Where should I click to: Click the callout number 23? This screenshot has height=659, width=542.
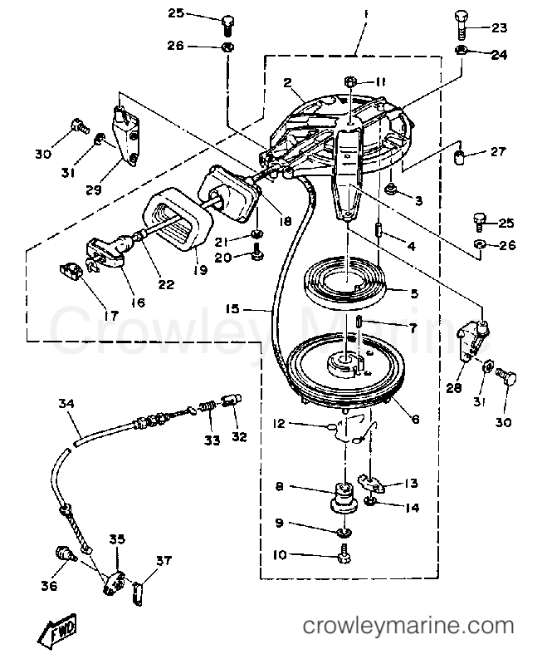(497, 27)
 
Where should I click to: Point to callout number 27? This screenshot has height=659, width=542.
(498, 151)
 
